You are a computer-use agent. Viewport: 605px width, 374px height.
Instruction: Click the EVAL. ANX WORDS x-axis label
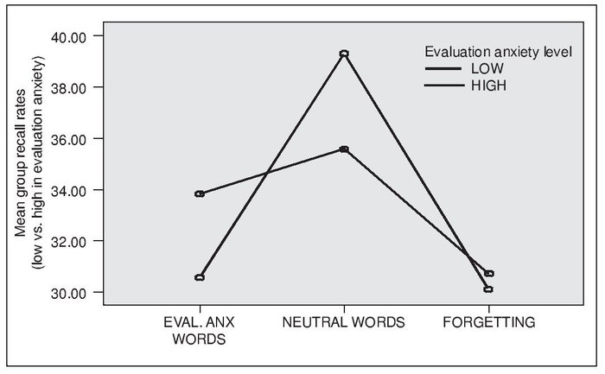[199, 331]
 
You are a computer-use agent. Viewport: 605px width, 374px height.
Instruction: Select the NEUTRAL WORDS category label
[343, 323]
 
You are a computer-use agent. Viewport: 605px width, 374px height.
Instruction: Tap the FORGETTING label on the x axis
[489, 323]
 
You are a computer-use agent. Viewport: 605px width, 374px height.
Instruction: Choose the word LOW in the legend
[485, 69]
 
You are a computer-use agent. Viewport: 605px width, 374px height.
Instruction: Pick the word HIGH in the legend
[487, 86]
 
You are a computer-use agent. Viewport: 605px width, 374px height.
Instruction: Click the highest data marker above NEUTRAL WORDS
[344, 54]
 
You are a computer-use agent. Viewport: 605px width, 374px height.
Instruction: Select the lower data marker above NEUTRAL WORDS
[344, 149]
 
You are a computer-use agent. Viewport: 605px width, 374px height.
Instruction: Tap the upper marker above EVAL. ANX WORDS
[200, 193]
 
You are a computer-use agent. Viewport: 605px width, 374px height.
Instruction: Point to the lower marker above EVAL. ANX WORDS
[200, 277]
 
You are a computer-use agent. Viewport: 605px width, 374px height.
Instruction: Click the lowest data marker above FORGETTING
[488, 289]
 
